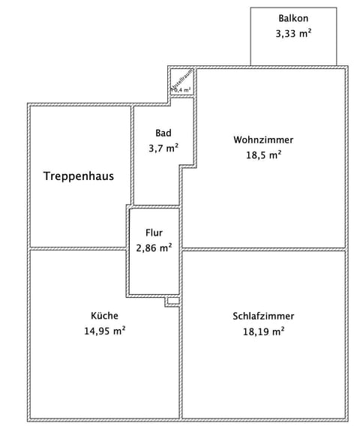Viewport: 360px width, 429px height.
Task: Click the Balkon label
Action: [x=293, y=18]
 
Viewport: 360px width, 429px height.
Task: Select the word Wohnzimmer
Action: [x=263, y=139]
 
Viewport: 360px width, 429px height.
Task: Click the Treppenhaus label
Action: [x=79, y=176]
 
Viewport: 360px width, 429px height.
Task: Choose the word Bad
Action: [x=163, y=133]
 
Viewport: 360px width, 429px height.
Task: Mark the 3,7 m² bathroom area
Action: [x=163, y=148]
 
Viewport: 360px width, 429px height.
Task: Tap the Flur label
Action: [x=154, y=233]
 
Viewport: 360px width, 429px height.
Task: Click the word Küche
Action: [x=104, y=316]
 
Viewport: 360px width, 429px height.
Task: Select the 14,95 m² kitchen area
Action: [x=104, y=330]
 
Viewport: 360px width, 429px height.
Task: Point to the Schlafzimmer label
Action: [x=263, y=316]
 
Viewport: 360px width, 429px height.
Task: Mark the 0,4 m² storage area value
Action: [x=183, y=90]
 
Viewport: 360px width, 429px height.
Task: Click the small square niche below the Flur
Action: [x=172, y=301]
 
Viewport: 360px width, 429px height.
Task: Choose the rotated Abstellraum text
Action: [x=179, y=79]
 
